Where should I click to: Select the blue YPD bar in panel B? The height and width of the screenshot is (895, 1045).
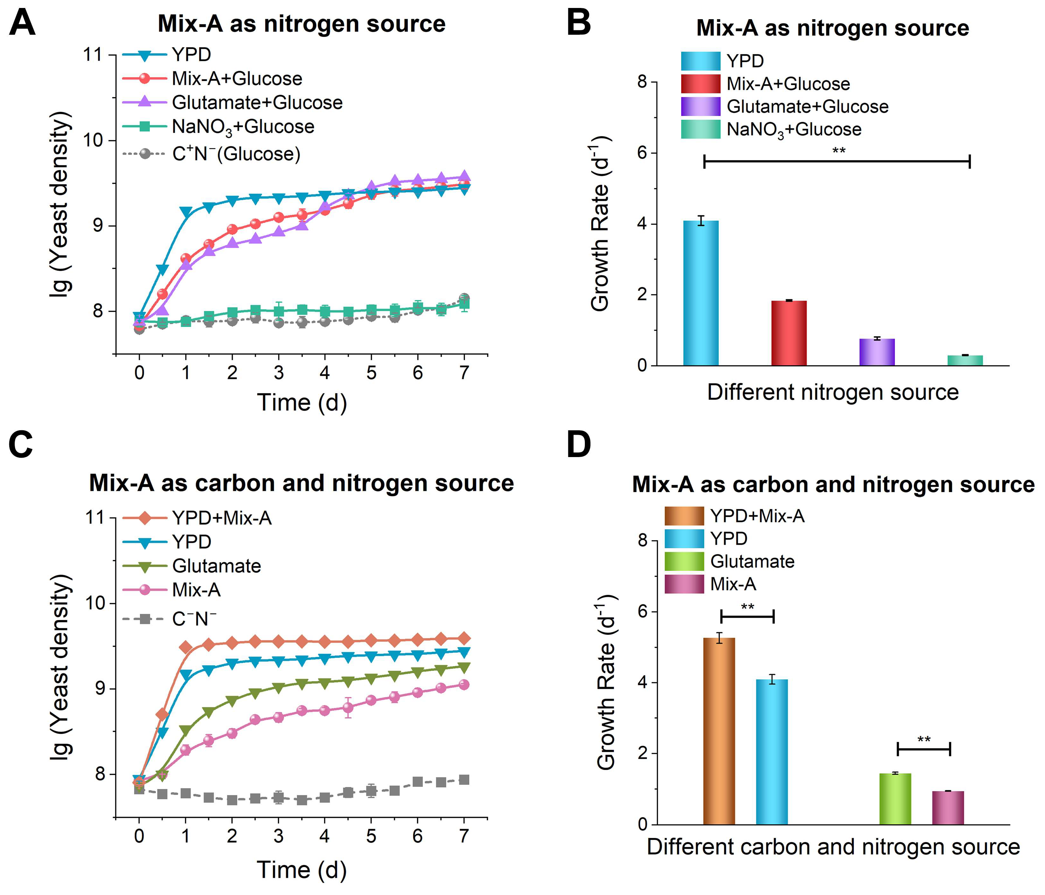(x=701, y=293)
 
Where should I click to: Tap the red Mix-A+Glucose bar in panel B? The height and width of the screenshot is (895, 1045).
(x=789, y=333)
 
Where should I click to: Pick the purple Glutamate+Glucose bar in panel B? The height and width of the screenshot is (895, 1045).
(x=877, y=352)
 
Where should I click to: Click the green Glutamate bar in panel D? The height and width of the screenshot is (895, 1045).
(x=895, y=799)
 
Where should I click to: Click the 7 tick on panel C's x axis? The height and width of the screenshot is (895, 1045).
(x=464, y=836)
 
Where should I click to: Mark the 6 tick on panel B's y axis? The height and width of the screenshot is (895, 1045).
(x=642, y=153)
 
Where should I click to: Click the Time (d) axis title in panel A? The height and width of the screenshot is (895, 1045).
(x=302, y=402)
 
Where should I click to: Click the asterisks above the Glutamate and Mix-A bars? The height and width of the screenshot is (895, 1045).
(x=924, y=740)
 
